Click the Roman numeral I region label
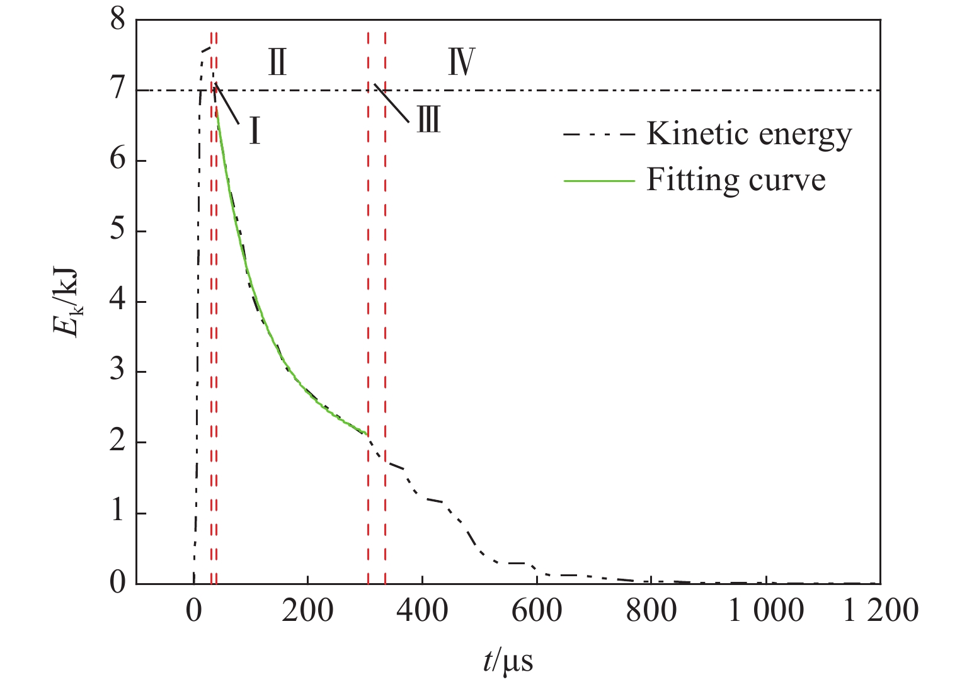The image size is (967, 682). pos(255,132)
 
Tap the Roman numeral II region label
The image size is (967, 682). pos(277,62)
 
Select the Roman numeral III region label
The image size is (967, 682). pos(428,118)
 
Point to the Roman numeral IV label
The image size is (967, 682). pos(461,62)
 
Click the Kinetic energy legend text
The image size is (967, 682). pos(749,134)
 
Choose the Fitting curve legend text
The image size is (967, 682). pos(736,180)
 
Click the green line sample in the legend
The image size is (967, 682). pos(598,181)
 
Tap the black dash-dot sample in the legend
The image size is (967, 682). pos(598,135)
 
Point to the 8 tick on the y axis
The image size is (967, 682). pos(118,21)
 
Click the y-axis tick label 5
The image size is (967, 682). pos(118,231)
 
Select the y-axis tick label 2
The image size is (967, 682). pos(118,443)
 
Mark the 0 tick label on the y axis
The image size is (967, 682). pos(118,583)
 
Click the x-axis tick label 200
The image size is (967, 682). pos(307,611)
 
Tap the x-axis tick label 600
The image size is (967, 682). pos(536,611)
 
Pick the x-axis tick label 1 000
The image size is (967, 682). pos(766,611)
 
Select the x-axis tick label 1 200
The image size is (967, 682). pos(880,611)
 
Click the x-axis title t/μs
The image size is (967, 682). pos(508,661)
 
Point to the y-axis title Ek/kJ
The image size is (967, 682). pos(67,301)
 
